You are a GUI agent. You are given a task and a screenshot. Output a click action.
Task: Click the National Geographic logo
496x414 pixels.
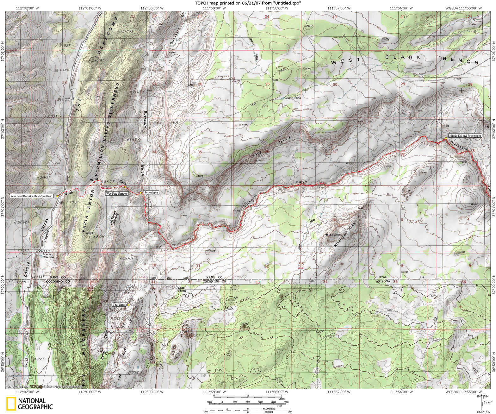pyautogui.click(x=30, y=403)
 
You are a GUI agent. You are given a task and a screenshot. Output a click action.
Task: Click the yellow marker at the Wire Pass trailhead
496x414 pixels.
pyautogui.click(x=57, y=196)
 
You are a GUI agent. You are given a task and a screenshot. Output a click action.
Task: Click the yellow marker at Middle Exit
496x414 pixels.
pyautogui.click(x=446, y=138)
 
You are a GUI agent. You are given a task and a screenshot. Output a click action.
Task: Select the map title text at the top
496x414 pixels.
pyautogui.click(x=248, y=3)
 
